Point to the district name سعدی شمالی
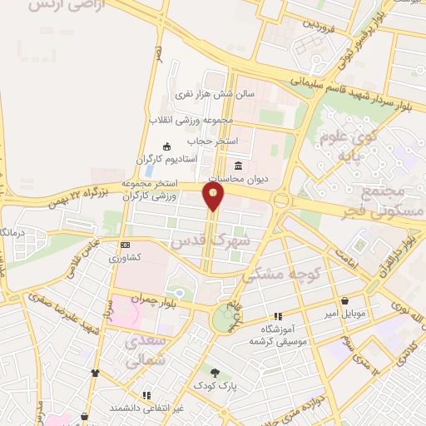pyautogui.click(x=146, y=349)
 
